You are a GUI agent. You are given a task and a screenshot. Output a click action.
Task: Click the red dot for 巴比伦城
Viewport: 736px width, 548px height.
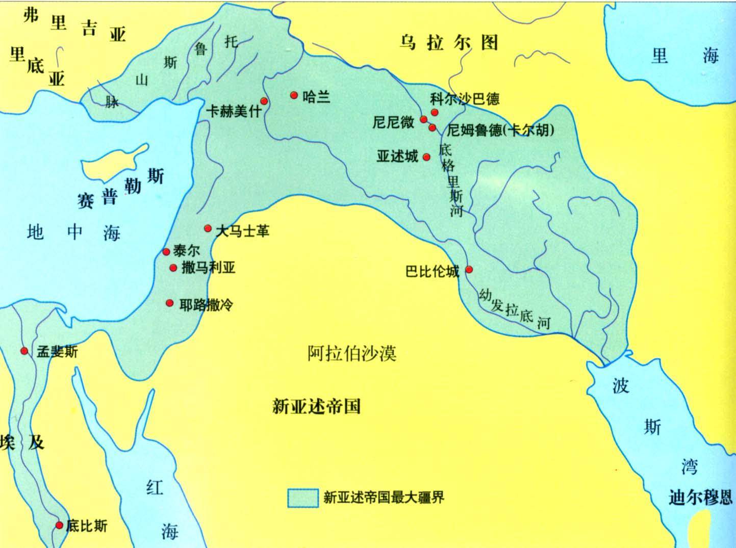click(x=469, y=270)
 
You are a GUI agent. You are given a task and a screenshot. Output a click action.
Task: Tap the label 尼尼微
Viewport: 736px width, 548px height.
click(x=393, y=123)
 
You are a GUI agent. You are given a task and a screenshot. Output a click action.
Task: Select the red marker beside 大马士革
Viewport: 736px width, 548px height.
click(x=208, y=228)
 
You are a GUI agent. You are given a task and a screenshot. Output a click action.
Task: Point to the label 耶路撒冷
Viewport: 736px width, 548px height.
click(x=206, y=305)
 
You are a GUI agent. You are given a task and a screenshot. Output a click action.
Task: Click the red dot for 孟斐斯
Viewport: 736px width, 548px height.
click(x=24, y=351)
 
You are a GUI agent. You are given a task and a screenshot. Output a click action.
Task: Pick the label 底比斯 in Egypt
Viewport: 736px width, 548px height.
click(x=87, y=526)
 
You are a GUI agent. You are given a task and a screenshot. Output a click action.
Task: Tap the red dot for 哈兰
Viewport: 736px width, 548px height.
click(x=294, y=95)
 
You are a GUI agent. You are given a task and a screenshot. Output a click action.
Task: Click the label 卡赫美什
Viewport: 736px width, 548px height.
click(x=234, y=111)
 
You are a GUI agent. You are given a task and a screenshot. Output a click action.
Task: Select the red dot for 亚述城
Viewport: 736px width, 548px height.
click(x=426, y=157)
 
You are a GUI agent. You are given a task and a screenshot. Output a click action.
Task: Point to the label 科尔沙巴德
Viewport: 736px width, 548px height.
click(x=465, y=98)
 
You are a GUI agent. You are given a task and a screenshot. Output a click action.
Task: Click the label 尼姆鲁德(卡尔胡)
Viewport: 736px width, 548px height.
click(x=500, y=130)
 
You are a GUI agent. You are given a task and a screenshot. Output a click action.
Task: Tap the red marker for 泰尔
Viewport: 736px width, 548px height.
click(x=166, y=252)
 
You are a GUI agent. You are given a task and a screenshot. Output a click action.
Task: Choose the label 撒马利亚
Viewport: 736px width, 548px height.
click(x=208, y=268)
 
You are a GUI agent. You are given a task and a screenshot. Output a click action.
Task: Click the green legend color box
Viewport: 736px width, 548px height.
click(x=303, y=498)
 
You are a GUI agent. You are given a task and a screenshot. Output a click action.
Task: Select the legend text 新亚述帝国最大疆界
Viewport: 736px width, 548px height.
click(x=384, y=497)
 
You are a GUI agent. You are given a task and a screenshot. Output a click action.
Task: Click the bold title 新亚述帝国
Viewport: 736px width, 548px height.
click(x=316, y=406)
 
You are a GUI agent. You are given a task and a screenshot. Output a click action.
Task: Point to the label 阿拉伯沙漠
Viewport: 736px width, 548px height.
click(x=352, y=353)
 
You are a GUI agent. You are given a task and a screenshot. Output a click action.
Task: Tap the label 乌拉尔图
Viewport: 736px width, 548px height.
click(x=448, y=43)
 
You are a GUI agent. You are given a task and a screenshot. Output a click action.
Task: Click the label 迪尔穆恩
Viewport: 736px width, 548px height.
click(x=700, y=497)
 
